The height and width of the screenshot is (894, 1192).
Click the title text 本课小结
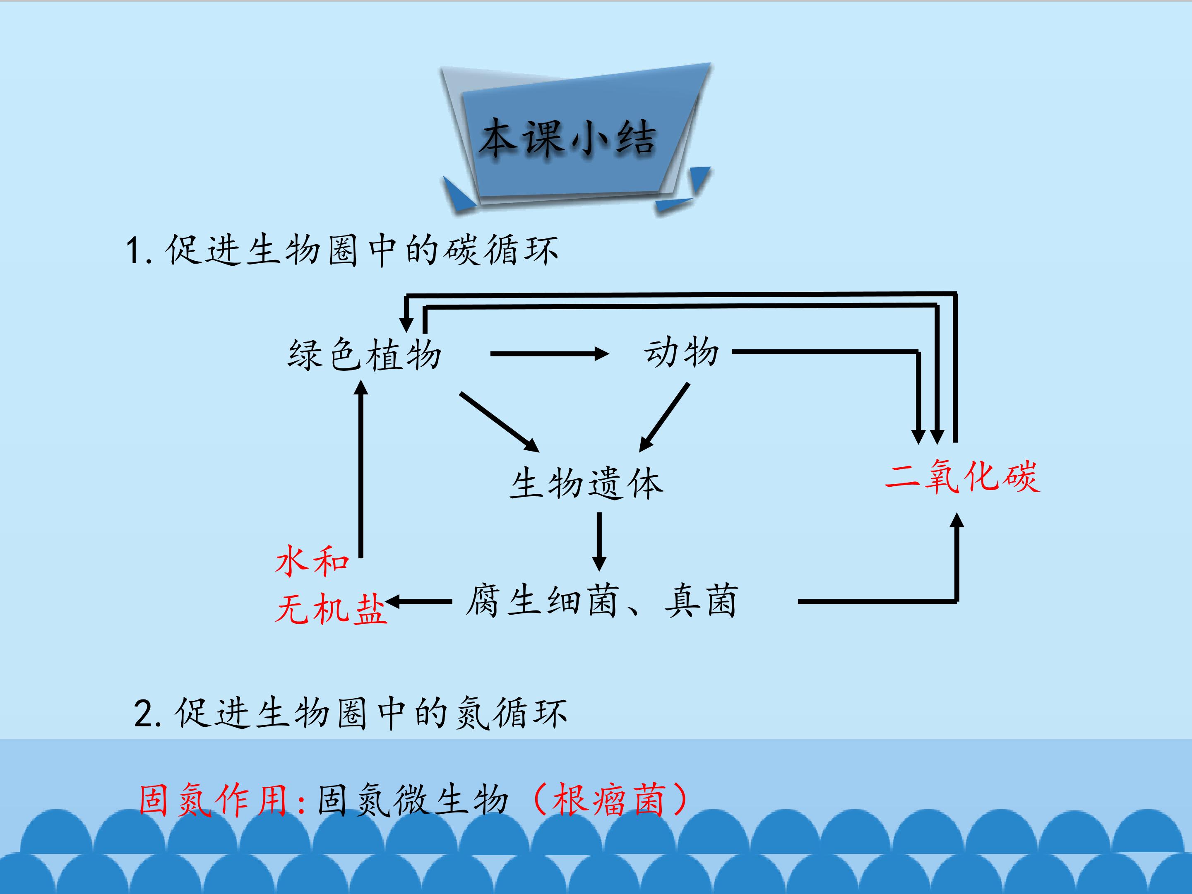(x=567, y=139)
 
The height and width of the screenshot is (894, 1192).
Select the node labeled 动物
(x=682, y=353)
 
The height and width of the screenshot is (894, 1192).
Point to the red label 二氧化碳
(x=962, y=476)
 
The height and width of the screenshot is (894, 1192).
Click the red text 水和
(x=312, y=561)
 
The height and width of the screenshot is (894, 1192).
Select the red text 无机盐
(x=331, y=608)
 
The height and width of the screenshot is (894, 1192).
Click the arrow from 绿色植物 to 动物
(x=550, y=354)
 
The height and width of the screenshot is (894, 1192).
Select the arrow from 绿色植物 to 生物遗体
(x=500, y=422)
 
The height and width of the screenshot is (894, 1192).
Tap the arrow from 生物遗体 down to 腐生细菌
(x=599, y=541)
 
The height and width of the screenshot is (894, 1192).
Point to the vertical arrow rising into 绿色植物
(x=360, y=469)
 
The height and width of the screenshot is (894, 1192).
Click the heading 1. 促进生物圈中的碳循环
(x=342, y=250)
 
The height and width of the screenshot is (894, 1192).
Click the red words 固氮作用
(x=214, y=800)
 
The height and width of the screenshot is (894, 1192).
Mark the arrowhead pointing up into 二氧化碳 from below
(x=956, y=519)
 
